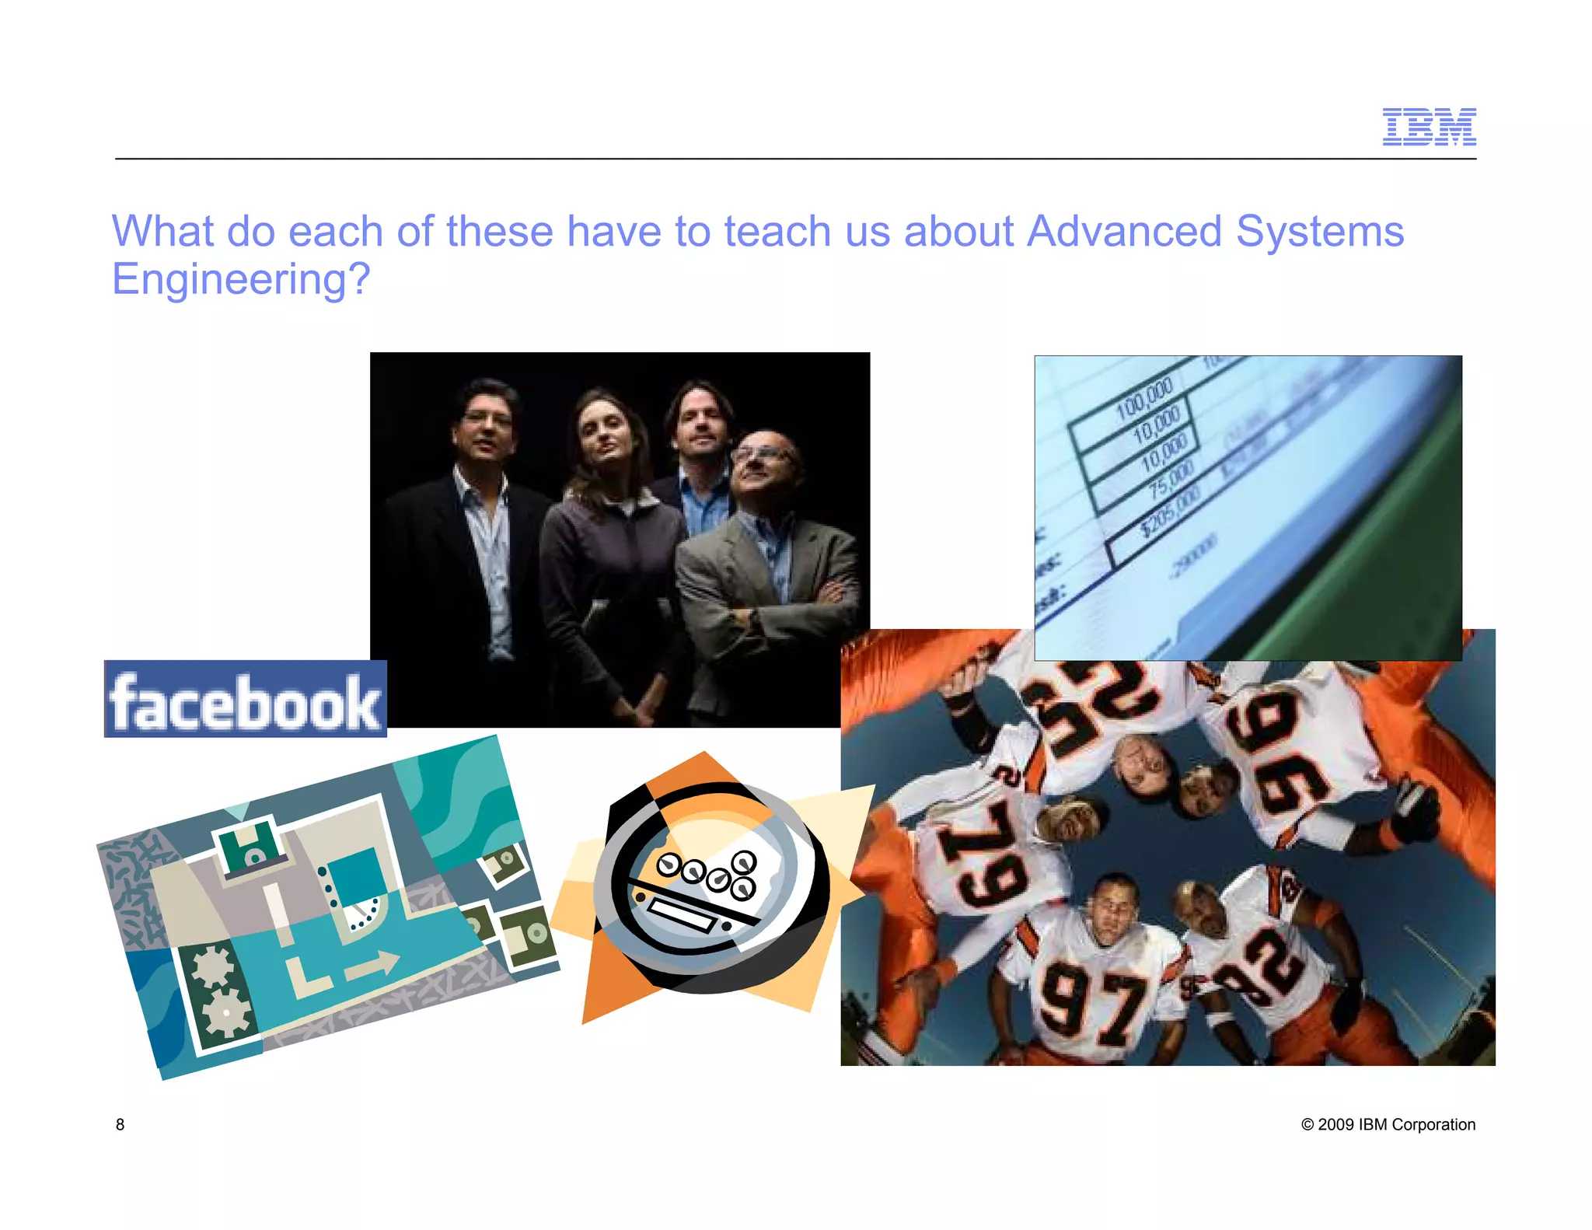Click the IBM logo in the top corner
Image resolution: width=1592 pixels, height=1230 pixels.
(x=1429, y=127)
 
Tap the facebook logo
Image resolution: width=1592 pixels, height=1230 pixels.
(x=246, y=700)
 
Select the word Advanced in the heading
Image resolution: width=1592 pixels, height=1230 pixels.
(x=1124, y=232)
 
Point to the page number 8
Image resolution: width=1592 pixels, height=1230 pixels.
(x=120, y=1124)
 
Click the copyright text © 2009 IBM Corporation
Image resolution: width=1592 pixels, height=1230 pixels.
(x=1388, y=1124)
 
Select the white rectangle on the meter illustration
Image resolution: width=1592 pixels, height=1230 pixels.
(x=682, y=914)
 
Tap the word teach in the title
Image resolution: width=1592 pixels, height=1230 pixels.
(x=777, y=232)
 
